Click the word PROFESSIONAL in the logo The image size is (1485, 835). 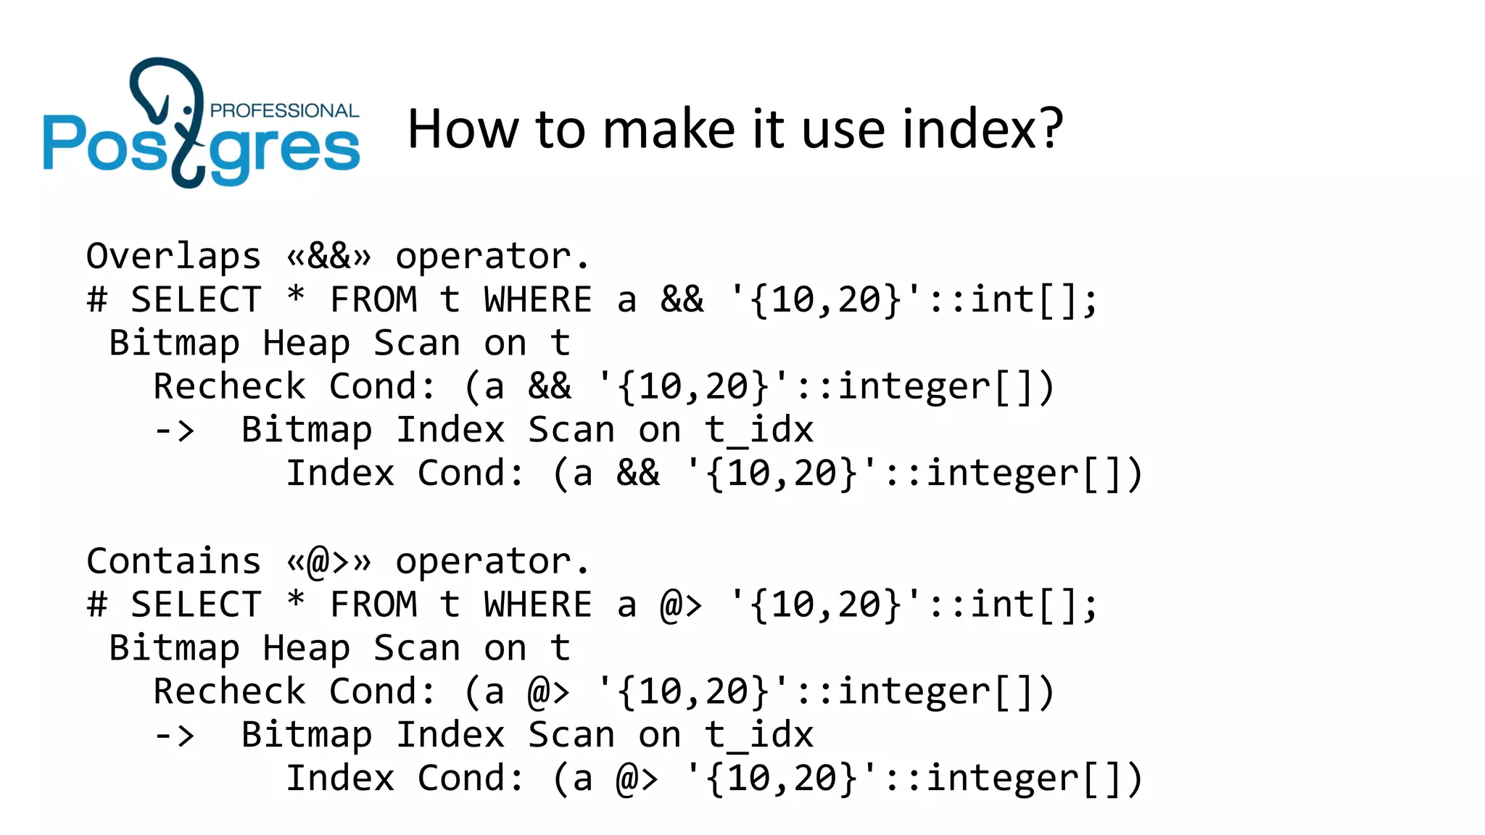click(x=284, y=111)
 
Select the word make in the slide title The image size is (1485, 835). click(x=668, y=129)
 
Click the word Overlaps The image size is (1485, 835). click(x=173, y=257)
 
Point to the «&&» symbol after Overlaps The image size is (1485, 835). click(x=328, y=257)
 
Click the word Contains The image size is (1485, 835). click(x=173, y=562)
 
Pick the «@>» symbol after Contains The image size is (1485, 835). click(x=328, y=562)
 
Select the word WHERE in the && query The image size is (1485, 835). click(x=538, y=300)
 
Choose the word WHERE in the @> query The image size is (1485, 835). click(x=538, y=605)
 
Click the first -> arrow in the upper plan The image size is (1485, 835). click(x=175, y=431)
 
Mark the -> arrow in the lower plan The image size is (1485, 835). click(x=175, y=736)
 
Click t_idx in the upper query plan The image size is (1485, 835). click(x=759, y=431)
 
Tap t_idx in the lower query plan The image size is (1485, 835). click(x=759, y=736)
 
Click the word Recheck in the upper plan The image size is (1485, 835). click(x=229, y=387)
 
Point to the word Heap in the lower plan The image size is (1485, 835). click(x=306, y=649)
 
